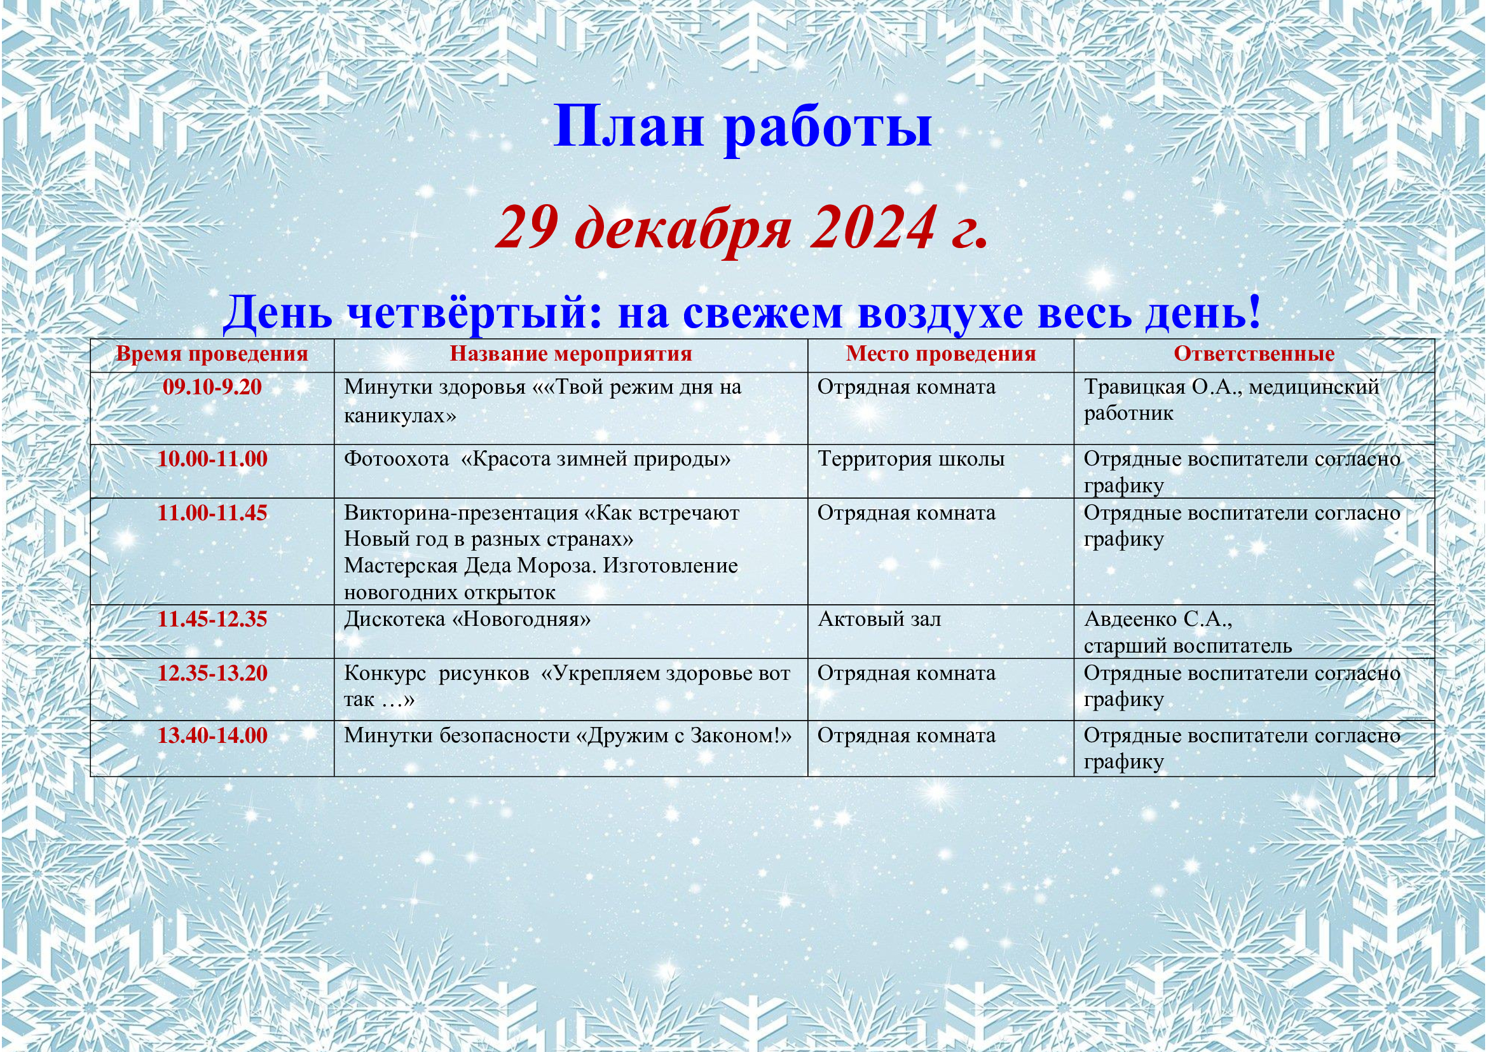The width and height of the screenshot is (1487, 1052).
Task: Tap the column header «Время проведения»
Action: (212, 354)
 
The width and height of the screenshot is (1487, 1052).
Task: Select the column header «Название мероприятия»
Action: (572, 354)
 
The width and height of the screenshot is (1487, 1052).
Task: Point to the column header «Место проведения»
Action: (941, 354)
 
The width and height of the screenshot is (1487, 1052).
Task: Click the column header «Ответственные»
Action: (1254, 354)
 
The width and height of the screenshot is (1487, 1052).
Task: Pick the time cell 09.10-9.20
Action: (212, 387)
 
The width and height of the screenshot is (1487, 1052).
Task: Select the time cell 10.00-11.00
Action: (212, 459)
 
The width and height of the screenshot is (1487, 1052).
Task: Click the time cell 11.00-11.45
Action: (212, 513)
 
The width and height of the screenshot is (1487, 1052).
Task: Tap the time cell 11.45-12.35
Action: (212, 619)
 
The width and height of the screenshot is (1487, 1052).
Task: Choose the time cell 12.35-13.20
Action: (212, 673)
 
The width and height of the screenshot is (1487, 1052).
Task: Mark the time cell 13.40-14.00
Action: (212, 736)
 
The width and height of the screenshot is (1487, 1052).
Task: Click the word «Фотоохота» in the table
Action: (396, 459)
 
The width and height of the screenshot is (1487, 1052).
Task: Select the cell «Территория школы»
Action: (911, 459)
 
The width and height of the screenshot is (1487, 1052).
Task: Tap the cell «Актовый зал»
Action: (879, 619)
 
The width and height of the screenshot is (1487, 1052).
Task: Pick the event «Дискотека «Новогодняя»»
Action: (468, 619)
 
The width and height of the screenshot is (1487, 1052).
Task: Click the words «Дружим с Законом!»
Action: (683, 736)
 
